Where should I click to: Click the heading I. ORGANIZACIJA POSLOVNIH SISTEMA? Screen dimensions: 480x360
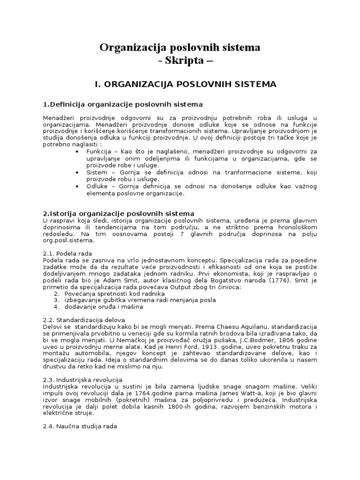(185, 84)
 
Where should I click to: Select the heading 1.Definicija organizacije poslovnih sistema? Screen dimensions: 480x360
(123, 104)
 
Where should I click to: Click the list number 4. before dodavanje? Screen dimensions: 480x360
(56, 307)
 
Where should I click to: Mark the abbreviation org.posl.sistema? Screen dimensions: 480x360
(68, 240)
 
